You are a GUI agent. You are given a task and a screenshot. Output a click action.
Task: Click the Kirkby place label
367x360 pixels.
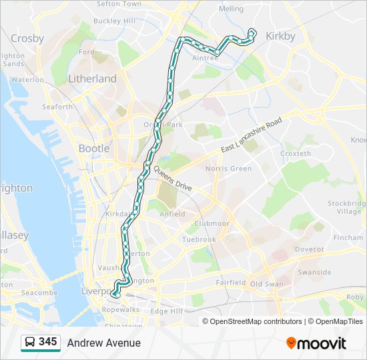click(280, 36)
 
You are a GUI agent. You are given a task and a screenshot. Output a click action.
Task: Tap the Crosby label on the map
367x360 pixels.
click(27, 38)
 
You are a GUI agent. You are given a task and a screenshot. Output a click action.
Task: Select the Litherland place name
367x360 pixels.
click(92, 79)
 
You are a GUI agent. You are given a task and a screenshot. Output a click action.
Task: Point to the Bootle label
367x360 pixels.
click(94, 148)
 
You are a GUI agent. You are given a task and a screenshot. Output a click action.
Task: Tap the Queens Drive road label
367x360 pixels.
click(173, 179)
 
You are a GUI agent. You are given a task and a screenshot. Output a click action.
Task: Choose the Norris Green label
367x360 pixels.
click(229, 169)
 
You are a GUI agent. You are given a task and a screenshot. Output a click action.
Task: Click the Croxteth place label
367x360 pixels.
click(296, 153)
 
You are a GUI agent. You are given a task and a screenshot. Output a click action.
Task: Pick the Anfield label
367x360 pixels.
click(172, 214)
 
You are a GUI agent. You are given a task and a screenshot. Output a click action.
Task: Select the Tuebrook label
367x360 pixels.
click(199, 239)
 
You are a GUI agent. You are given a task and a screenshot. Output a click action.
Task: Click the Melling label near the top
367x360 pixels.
click(231, 9)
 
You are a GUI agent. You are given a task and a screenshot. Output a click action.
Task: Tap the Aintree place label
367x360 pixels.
click(205, 59)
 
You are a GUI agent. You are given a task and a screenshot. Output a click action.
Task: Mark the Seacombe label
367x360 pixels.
click(40, 293)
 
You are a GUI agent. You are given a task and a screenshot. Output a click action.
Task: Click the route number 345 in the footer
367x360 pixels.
click(48, 342)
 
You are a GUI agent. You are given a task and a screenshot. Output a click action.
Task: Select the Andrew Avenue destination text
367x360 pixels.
click(103, 343)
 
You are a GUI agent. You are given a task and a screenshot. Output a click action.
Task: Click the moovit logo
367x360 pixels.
click(316, 343)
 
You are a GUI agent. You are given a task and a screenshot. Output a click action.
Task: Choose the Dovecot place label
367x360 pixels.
click(309, 249)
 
